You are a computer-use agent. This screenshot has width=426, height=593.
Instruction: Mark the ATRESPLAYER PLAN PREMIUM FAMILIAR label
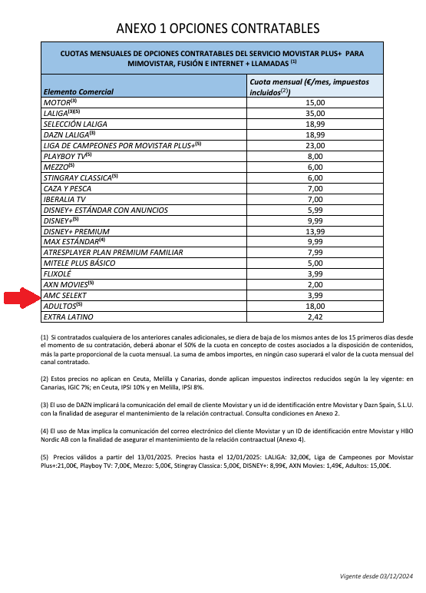(111, 252)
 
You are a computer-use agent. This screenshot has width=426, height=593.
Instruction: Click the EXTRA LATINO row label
(68, 316)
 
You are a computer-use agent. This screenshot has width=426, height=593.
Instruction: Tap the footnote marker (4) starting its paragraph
(44, 432)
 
